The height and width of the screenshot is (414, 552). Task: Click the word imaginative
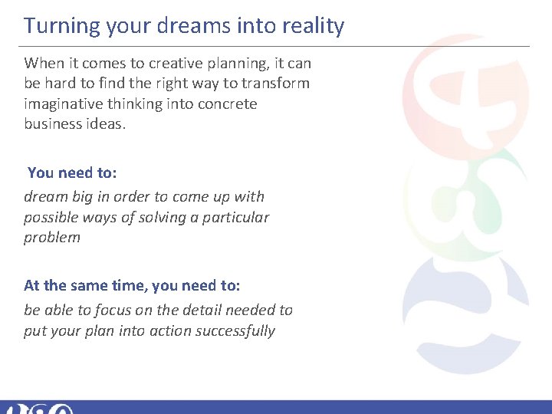[x=62, y=103]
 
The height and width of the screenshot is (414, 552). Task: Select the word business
[x=53, y=123]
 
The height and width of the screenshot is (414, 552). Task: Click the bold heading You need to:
[x=72, y=172]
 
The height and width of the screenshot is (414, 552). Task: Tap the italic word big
[x=87, y=197]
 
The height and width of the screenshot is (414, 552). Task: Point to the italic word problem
[x=51, y=237]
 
